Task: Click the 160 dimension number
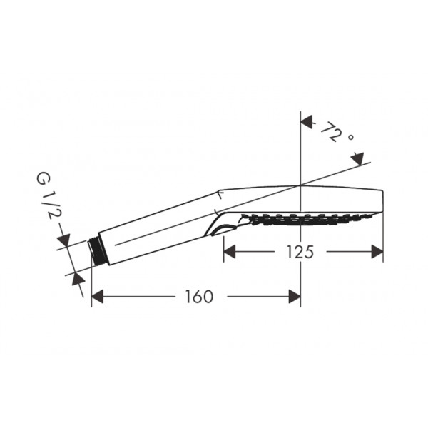199,297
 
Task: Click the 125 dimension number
300,252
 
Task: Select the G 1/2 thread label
47,195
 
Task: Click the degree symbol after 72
351,137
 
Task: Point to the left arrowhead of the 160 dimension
98,297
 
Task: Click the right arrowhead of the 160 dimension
295,297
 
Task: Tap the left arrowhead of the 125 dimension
230,251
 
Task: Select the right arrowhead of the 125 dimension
377,251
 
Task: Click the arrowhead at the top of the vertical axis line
306,122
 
